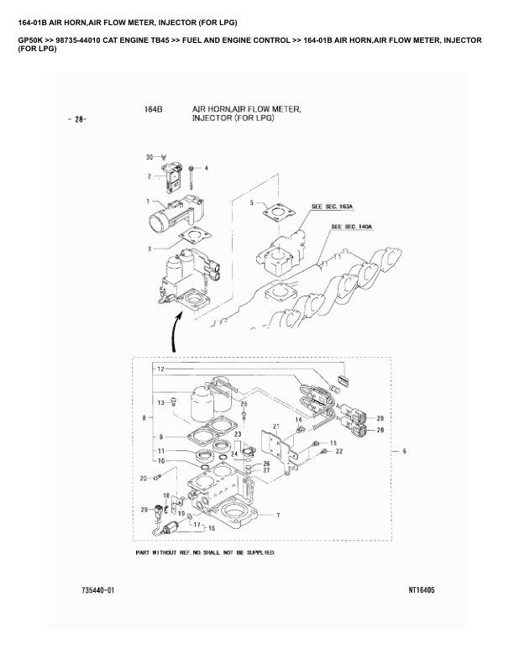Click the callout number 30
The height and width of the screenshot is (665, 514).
point(149,158)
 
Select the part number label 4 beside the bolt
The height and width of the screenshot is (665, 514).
point(207,168)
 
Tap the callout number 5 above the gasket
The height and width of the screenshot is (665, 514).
point(251,203)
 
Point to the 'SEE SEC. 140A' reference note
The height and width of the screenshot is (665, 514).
point(353,227)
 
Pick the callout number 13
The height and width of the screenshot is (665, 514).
point(160,403)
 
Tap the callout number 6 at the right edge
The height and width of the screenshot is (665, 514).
point(404,452)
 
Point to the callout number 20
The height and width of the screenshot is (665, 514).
point(144,478)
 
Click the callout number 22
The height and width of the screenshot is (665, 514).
point(339,452)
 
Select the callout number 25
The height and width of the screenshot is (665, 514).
point(244,404)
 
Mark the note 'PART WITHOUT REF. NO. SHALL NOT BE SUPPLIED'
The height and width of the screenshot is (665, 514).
point(206,554)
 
